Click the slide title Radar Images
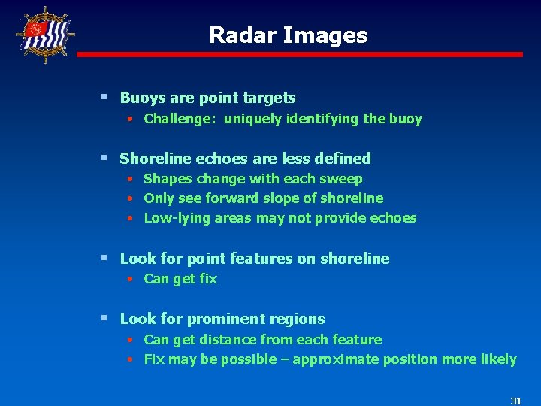288,35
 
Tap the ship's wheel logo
46,35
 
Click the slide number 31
515,401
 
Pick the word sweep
343,180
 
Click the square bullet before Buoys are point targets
105,98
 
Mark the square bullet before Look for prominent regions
105,319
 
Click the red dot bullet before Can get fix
130,280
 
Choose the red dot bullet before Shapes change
130,180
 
